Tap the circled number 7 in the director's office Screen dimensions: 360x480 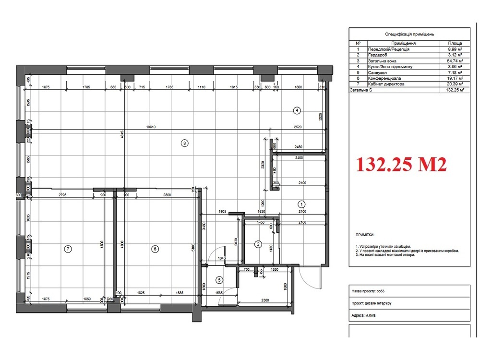coord(68,249)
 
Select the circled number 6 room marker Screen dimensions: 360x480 coord(155,249)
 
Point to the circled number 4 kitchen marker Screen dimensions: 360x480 coord(297,110)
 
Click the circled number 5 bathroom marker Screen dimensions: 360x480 coord(219,280)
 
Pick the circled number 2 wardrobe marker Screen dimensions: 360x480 coord(258,244)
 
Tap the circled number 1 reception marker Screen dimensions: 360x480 coord(301,203)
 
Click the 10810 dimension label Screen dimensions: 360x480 coord(152,127)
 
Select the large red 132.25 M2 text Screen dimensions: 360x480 coord(401,165)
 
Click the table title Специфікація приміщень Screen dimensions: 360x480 coord(409,35)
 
